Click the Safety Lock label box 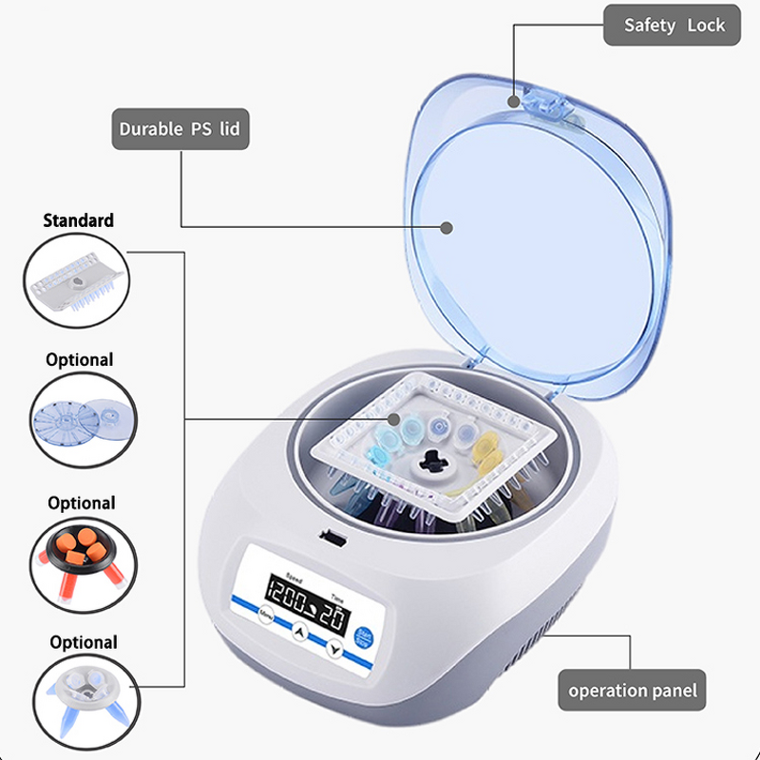(x=674, y=26)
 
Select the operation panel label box (x=632, y=691)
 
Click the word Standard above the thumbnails (x=79, y=220)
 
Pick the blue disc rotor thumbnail (x=80, y=419)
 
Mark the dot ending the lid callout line (x=446, y=226)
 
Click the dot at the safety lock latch (x=514, y=99)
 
